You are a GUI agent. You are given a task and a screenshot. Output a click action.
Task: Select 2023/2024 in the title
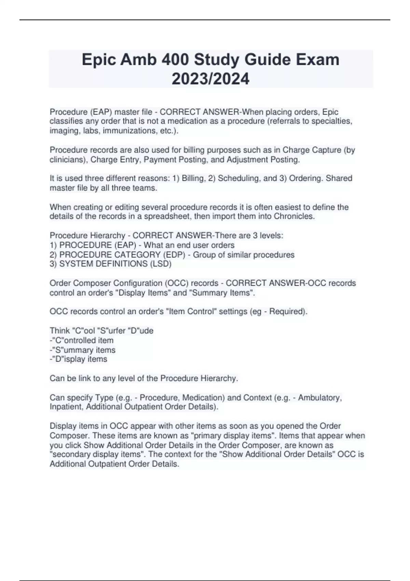point(210,79)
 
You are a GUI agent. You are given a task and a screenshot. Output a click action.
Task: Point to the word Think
point(60,331)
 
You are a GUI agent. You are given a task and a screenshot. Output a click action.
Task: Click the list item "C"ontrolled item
point(82,340)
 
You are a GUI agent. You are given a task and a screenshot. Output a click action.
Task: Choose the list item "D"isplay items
point(79,359)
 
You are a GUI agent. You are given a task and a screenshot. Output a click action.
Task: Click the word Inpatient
point(66,407)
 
